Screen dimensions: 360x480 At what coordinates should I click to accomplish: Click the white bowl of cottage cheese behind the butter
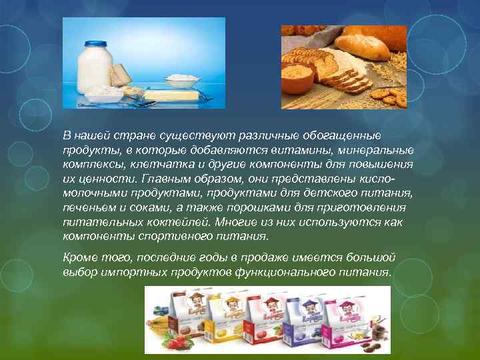click(x=182, y=81)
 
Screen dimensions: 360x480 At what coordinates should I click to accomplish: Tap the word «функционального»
click(x=293, y=273)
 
